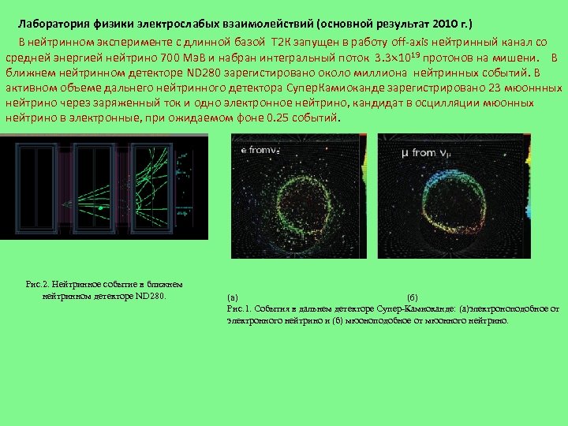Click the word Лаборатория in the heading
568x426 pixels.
tap(54, 23)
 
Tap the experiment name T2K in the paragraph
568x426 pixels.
tap(282, 41)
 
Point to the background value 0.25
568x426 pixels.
tap(278, 118)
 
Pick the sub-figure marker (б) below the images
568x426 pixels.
tap(411, 298)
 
